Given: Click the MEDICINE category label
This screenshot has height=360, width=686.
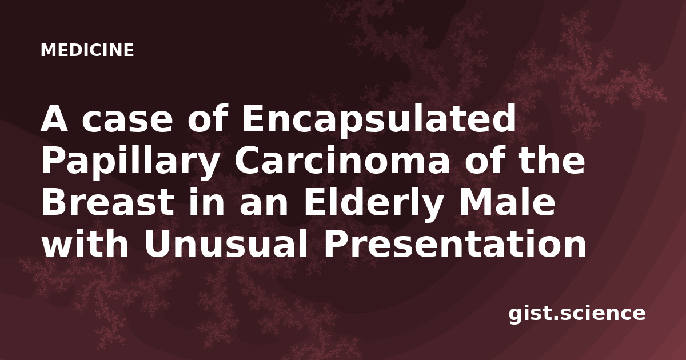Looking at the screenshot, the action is pyautogui.click(x=87, y=50).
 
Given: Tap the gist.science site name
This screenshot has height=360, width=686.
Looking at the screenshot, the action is pyautogui.click(x=577, y=314).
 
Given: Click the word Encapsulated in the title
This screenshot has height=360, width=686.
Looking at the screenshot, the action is pyautogui.click(x=379, y=119).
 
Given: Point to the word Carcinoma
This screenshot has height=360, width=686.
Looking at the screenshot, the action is pyautogui.click(x=342, y=161).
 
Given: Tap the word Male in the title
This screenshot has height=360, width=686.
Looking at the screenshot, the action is pyautogui.click(x=505, y=202).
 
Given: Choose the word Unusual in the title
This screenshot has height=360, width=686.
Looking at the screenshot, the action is pyautogui.click(x=226, y=244).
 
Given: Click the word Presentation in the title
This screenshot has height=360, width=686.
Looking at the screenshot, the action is pyautogui.click(x=455, y=244).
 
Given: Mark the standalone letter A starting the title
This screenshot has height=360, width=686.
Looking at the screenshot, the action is pyautogui.click(x=54, y=119).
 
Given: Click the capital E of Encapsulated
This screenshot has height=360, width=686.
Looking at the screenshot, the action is pyautogui.click(x=254, y=119).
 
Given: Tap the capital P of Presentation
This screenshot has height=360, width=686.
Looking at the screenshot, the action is pyautogui.click(x=336, y=243).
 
